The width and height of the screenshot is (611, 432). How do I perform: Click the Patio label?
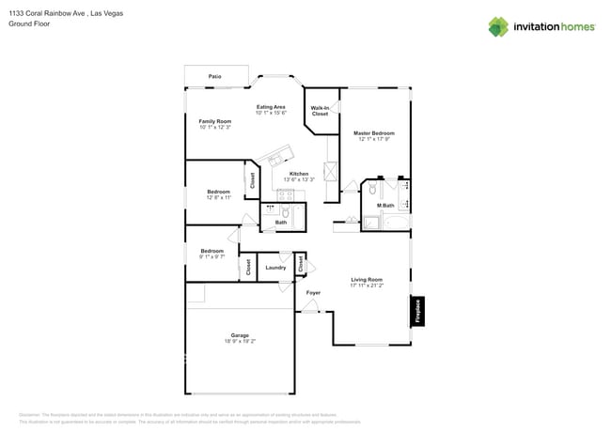click(x=214, y=75)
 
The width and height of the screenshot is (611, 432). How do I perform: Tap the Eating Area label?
click(x=271, y=107)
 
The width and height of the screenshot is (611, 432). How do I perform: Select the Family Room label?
click(x=214, y=121)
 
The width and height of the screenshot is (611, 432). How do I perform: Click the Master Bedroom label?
click(x=373, y=133)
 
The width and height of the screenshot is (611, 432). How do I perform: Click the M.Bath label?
click(x=385, y=205)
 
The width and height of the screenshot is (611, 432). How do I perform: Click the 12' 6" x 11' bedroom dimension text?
click(x=218, y=198)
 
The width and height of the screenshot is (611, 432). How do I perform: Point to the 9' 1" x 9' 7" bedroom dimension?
click(x=211, y=256)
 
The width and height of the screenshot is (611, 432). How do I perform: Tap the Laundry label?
click(x=275, y=268)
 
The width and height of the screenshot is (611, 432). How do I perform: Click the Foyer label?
click(x=313, y=292)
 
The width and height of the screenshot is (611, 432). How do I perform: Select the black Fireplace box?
click(x=417, y=311)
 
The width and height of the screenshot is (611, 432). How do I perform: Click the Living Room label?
click(x=367, y=279)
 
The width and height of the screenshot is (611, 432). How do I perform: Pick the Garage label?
click(x=240, y=335)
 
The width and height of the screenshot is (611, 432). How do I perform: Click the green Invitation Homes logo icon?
click(x=498, y=26)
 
